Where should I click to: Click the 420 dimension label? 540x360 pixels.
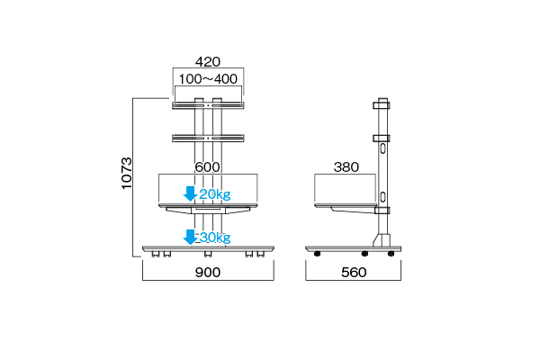(208, 62)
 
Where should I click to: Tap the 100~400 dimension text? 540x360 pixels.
(208, 79)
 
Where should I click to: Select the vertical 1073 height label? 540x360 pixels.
(127, 173)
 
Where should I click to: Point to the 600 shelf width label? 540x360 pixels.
(207, 167)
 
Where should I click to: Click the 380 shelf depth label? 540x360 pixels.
(346, 167)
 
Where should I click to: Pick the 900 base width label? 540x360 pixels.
(208, 273)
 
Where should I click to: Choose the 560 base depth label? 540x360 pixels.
(354, 273)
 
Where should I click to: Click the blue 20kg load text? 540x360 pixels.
(215, 194)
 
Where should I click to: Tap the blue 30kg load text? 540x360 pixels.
(215, 238)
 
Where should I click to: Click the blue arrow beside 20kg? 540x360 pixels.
(190, 193)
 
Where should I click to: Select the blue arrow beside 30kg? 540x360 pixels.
(190, 237)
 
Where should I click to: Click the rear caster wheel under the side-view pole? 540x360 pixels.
(391, 254)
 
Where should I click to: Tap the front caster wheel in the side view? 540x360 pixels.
(317, 254)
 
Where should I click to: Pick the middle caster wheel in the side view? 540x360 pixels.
(364, 254)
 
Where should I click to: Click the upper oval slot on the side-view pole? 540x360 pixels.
(382, 148)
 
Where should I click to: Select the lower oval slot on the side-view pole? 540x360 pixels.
(382, 197)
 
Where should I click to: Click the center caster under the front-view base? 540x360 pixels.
(208, 254)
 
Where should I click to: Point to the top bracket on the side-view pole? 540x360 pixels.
(382, 104)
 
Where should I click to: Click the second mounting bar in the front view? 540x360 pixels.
(208, 138)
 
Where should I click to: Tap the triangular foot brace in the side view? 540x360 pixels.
(382, 240)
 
